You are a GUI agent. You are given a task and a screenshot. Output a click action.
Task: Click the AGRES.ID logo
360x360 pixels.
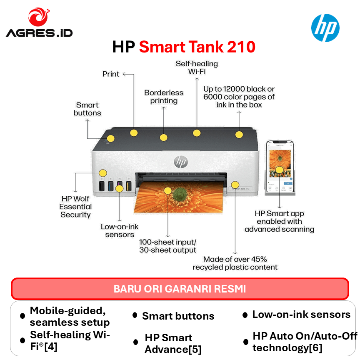(x=39, y=23)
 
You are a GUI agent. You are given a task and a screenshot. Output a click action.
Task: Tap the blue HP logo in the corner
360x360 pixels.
(x=325, y=28)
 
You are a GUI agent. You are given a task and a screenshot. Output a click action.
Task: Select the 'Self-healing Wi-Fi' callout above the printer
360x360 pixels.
(x=197, y=67)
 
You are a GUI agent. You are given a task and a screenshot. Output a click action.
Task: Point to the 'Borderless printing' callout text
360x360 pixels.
(x=164, y=97)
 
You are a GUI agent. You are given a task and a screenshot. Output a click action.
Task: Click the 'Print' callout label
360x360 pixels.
(x=111, y=74)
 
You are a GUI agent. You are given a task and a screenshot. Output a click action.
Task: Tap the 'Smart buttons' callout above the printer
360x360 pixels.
(x=87, y=109)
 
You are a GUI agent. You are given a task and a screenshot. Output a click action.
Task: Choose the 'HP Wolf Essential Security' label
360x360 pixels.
(x=75, y=207)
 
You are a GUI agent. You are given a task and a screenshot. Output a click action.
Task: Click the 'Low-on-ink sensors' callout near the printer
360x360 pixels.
(x=120, y=230)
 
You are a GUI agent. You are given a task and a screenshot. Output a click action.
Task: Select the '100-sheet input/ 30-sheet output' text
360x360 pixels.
(x=167, y=246)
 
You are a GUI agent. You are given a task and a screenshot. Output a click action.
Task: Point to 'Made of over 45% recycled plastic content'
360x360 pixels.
(x=235, y=263)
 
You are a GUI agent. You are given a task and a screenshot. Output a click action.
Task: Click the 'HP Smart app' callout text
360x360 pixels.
(x=279, y=221)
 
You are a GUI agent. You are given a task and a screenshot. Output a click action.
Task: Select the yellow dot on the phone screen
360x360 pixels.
(x=279, y=170)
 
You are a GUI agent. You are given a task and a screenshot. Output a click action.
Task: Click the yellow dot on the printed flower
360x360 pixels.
(x=167, y=191)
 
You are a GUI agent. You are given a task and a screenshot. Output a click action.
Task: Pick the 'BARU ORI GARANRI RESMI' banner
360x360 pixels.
(x=180, y=289)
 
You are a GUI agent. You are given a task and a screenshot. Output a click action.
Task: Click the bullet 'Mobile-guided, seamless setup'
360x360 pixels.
(x=70, y=316)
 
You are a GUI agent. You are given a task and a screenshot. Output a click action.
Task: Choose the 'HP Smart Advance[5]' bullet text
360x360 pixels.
(x=168, y=343)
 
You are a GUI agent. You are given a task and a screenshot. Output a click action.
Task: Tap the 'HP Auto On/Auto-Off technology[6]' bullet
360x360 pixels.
(x=305, y=342)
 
